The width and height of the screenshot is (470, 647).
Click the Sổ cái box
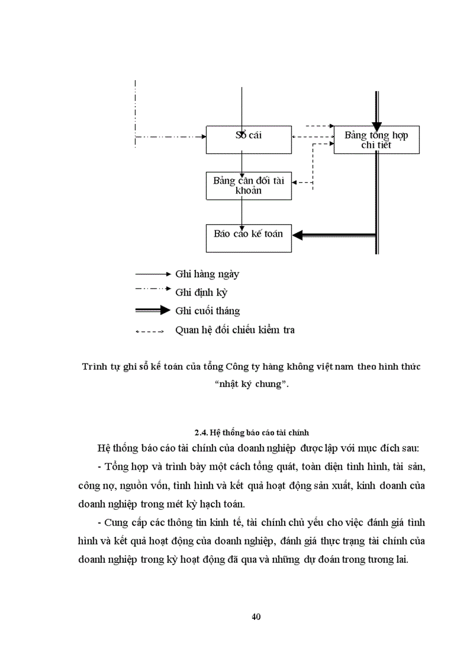pyautogui.click(x=249, y=139)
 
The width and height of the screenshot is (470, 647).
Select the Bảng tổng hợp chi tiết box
pyautogui.click(x=377, y=139)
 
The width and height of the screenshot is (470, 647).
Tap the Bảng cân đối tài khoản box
pyautogui.click(x=249, y=185)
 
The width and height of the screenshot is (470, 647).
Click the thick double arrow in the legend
pyautogui.click(x=153, y=311)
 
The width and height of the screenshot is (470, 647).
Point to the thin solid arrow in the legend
pyautogui.click(x=153, y=274)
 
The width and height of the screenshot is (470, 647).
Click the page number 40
pyautogui.click(x=257, y=618)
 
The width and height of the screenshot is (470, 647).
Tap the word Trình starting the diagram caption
pyautogui.click(x=94, y=367)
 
